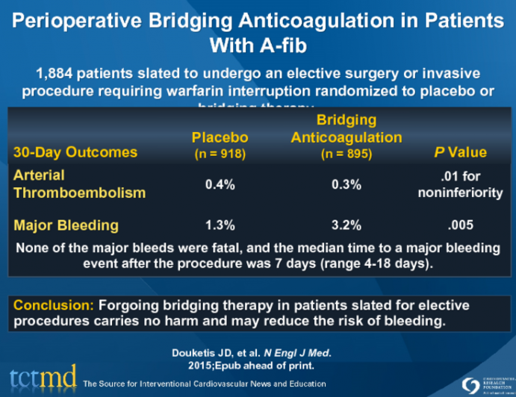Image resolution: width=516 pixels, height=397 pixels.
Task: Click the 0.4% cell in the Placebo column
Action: [220, 184]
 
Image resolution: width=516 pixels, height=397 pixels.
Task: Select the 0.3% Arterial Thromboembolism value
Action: [346, 184]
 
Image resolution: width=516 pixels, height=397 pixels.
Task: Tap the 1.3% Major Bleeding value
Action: [220, 224]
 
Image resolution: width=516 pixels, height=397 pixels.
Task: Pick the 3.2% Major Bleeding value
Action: [346, 224]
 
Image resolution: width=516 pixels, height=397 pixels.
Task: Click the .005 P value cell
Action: [460, 224]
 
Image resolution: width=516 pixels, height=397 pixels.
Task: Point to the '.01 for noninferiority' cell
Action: [460, 184]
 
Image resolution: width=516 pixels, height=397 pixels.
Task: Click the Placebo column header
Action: [220, 138]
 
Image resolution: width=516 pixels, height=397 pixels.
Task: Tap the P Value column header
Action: [460, 152]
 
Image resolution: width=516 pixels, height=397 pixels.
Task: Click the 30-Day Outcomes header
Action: [75, 152]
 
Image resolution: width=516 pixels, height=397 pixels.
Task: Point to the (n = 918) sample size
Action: [220, 154]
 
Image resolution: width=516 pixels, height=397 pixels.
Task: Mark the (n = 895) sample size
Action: [346, 154]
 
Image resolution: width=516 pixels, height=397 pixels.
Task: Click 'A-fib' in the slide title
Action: [289, 46]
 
